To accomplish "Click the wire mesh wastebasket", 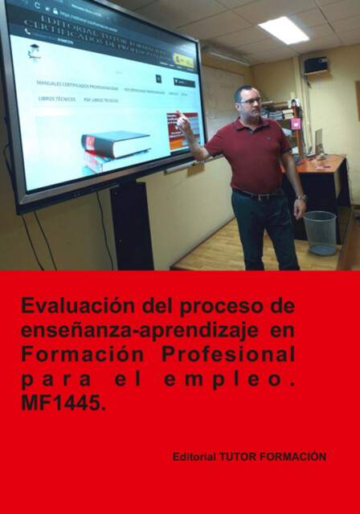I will pyautogui.click(x=320, y=231).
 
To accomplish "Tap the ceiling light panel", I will pyautogui.click(x=283, y=30).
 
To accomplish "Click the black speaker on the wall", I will pyautogui.click(x=315, y=65).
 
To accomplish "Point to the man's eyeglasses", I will pyautogui.click(x=251, y=101).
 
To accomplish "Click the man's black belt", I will pyautogui.click(x=257, y=194).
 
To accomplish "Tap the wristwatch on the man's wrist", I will pyautogui.click(x=301, y=198).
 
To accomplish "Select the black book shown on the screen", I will pyautogui.click(x=116, y=144).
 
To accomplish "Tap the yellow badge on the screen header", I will pyautogui.click(x=183, y=59).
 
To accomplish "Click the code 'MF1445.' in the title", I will pyautogui.click(x=63, y=404).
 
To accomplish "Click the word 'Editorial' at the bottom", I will pyautogui.click(x=194, y=457).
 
